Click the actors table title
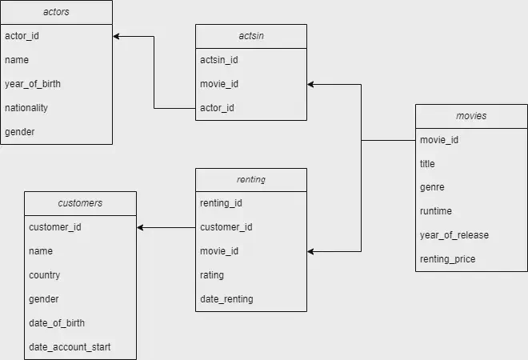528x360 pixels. (56, 12)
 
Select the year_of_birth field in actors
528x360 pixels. (33, 84)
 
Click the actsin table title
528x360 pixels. (251, 36)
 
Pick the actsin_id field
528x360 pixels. (218, 60)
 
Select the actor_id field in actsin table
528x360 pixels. (218, 108)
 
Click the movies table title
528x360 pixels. (471, 116)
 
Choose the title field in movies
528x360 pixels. (428, 164)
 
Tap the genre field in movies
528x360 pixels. (432, 188)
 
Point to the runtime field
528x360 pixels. (436, 211)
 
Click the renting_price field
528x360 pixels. (447, 259)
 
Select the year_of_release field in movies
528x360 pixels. (454, 235)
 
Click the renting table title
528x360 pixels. (251, 180)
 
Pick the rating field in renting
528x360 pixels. (212, 275)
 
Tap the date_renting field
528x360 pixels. (226, 299)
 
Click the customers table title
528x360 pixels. (80, 203)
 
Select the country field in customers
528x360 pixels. (45, 275)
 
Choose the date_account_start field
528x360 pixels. (70, 347)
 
